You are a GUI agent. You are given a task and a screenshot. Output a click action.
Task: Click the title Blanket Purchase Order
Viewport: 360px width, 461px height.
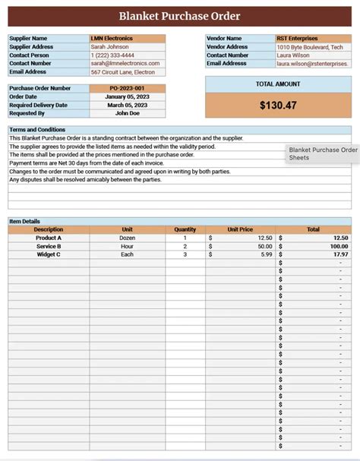coord(179,16)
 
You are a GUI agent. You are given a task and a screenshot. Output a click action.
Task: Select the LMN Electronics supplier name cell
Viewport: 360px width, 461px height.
coord(112,38)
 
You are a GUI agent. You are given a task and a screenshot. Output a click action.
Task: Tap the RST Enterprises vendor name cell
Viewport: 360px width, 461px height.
coord(298,38)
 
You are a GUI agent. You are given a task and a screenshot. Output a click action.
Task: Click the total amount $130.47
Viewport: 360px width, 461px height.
coord(278,106)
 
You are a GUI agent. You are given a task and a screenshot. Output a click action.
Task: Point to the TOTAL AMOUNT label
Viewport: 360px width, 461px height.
coord(278,84)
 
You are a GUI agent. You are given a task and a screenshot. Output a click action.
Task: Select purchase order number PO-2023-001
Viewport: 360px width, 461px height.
coord(127,88)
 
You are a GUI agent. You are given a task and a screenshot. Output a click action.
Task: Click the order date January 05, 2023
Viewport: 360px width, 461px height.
coord(127,96)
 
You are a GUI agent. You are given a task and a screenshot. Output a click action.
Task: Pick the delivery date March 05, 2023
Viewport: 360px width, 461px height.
coord(127,105)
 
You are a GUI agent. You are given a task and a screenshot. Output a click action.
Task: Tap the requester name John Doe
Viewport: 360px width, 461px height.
coord(127,113)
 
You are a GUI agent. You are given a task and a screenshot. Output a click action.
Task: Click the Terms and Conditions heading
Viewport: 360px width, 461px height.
coord(37,130)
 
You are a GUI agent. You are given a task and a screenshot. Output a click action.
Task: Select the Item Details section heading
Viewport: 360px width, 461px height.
coord(25,221)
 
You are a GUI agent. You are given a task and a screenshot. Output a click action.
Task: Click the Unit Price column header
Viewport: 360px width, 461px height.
coord(240,229)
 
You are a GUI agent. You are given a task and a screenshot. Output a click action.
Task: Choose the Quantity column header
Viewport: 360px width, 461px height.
coord(185,229)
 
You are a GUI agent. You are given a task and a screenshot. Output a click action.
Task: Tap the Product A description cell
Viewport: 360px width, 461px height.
coord(49,238)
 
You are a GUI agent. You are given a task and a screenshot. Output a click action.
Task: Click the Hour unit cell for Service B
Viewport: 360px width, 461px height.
coord(127,246)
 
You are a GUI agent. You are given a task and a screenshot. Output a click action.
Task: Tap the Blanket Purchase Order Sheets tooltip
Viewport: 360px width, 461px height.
coord(322,154)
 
